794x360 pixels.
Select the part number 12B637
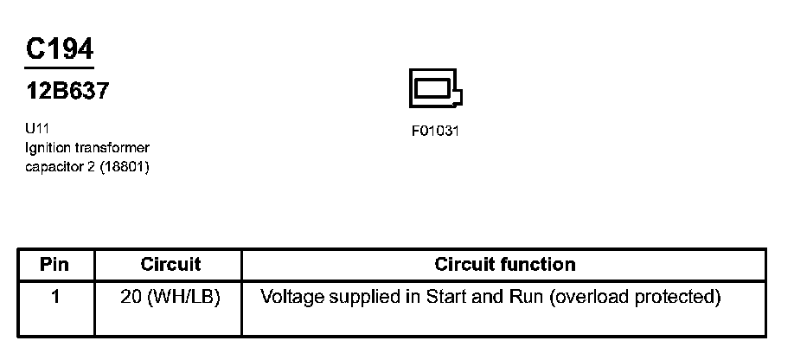pos(67,91)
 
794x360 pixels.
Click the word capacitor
pos(54,166)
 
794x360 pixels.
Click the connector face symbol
pos(435,88)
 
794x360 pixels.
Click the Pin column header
pos(54,265)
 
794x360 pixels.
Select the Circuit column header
pos(170,265)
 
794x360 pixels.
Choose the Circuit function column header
pos(505,265)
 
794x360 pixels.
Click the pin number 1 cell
pos(55,298)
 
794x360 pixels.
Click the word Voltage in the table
pos(293,298)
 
